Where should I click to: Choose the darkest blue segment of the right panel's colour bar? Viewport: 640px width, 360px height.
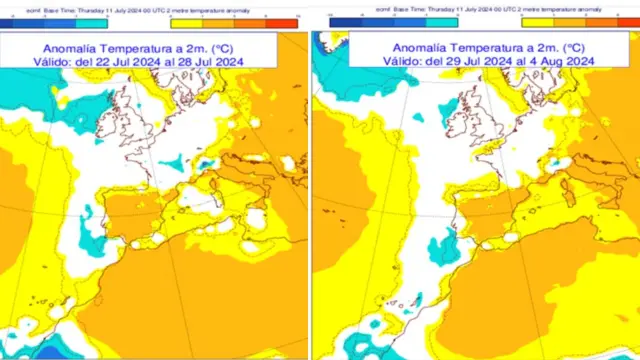(x=346, y=20)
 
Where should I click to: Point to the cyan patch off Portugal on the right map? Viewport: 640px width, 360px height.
(x=441, y=246)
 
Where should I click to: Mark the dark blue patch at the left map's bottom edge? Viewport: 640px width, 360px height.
(x=50, y=351)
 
